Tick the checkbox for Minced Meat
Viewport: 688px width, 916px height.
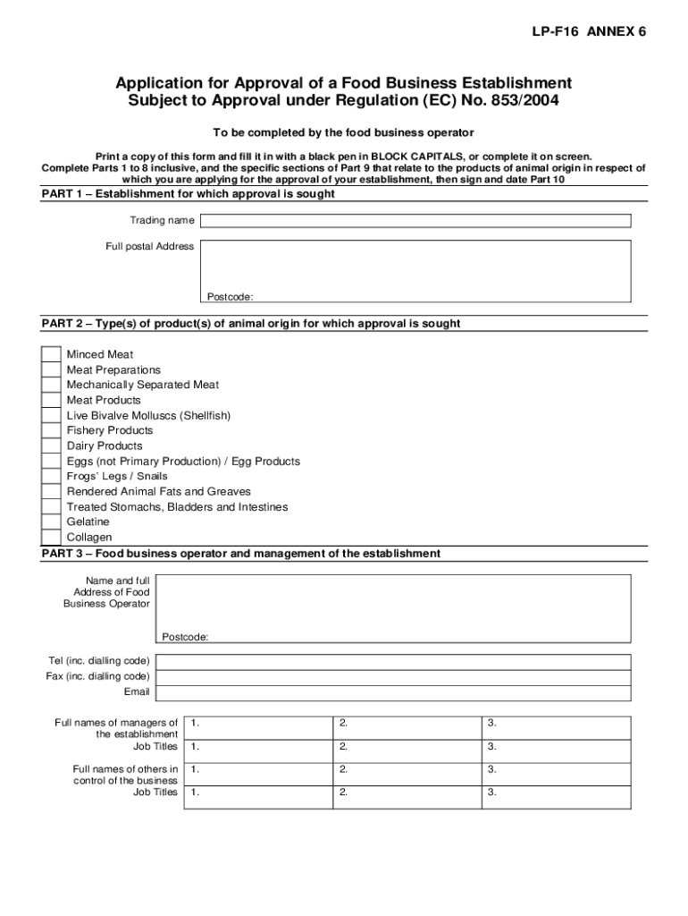coord(52,355)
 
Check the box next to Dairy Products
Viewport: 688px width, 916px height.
coord(52,446)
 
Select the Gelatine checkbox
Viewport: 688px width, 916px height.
coord(52,522)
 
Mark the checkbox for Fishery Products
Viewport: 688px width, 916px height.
coord(52,431)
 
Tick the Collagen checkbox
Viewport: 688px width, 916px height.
coord(52,538)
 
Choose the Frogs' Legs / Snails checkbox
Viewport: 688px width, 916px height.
coord(52,477)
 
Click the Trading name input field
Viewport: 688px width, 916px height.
coord(415,221)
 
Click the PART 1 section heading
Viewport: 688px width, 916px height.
coord(189,194)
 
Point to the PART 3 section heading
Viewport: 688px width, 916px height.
coord(241,554)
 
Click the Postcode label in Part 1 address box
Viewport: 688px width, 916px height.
coord(230,297)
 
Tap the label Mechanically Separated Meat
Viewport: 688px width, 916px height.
coord(143,386)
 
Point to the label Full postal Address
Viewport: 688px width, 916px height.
coord(150,247)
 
